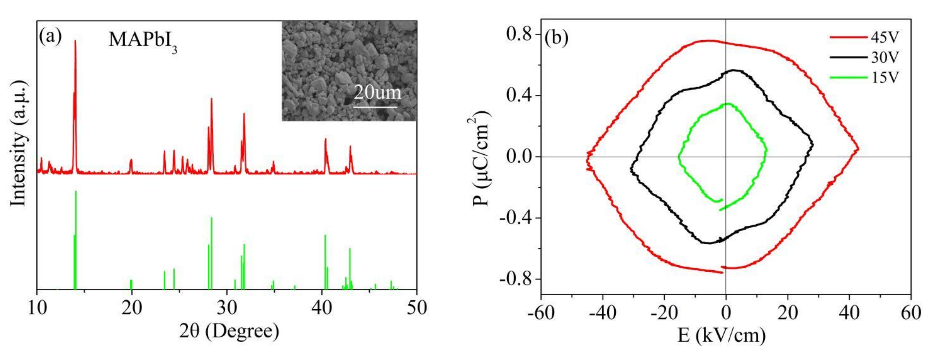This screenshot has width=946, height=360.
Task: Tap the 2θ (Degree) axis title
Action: coord(229,331)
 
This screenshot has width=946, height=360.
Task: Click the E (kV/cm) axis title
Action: coord(722,335)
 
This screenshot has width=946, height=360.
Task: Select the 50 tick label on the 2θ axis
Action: coord(417,308)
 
